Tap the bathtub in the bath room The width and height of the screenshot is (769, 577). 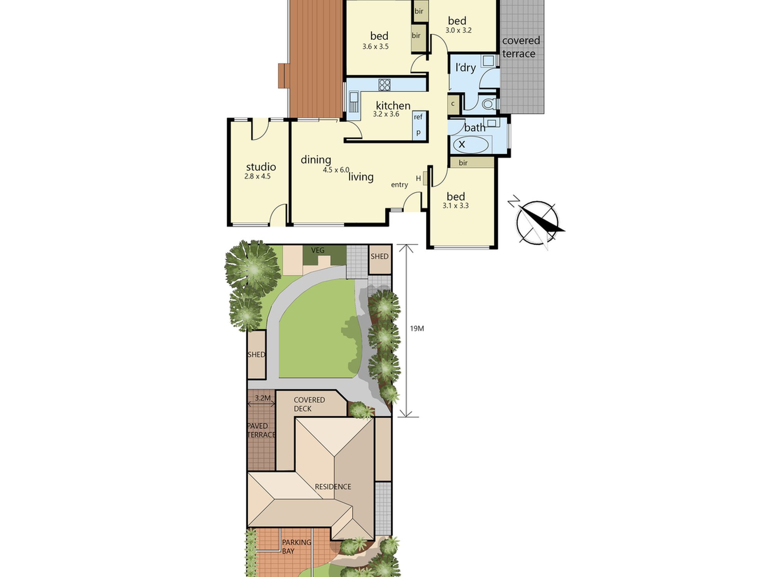pos(471,145)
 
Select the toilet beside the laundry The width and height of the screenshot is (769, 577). pos(488,104)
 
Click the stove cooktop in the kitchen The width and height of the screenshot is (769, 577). pos(384,85)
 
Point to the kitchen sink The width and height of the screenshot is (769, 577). pos(353,102)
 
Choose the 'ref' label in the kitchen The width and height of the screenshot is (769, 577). pos(418,117)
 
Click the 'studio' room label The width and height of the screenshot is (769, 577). pos(261,167)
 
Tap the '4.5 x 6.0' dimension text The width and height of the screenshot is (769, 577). pos(336,170)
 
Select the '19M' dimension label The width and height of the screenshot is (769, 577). pos(417,328)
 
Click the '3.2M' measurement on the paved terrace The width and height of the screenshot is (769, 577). pos(263,398)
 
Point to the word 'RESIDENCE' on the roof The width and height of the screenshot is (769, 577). pos(333,487)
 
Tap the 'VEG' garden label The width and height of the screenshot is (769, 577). pos(318,250)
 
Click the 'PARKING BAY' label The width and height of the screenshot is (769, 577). pos(296,547)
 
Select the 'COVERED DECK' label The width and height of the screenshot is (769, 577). pos(309,404)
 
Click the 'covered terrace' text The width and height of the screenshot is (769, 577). pos(521,47)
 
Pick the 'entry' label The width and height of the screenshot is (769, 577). pos(399,185)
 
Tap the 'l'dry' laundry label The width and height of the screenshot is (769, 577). pos(466,68)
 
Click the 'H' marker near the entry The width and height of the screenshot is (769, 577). pos(418,178)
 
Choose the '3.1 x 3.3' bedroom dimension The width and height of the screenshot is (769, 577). pos(456,206)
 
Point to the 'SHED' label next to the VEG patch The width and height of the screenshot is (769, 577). pos(380,257)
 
